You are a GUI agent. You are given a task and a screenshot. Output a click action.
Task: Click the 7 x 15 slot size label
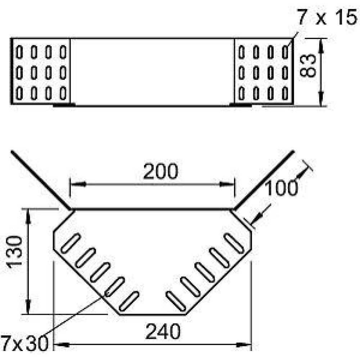point(328,17)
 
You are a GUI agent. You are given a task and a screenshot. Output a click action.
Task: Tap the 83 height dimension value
point(308,65)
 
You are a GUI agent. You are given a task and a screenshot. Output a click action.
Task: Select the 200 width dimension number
point(161,171)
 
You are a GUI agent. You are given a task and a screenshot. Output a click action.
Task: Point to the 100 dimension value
point(281,188)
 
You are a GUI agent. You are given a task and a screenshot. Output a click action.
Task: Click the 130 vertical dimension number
point(14,252)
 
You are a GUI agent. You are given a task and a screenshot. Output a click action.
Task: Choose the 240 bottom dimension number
point(163,331)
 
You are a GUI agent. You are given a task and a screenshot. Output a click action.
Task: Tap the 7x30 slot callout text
point(24,343)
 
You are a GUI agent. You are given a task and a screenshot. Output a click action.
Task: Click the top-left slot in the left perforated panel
point(19,52)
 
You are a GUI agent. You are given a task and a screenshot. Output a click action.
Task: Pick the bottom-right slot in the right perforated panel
point(285,93)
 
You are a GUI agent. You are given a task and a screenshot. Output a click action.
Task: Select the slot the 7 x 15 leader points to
point(285,52)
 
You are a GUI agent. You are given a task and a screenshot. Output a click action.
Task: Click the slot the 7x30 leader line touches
point(114,287)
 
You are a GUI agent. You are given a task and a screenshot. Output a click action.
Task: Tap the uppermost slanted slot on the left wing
point(71,243)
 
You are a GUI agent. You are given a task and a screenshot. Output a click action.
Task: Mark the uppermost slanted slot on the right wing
point(234,243)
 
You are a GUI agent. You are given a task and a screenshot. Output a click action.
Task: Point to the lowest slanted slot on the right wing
point(176,301)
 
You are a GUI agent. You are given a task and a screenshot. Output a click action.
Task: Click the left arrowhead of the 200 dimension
point(78,184)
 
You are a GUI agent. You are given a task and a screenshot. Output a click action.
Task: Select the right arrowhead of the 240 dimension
point(244,345)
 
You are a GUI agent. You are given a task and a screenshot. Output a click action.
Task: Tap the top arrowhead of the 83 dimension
point(321,46)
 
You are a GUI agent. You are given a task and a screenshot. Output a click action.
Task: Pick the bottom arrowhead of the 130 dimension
point(28,306)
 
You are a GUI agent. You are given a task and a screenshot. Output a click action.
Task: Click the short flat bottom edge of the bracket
point(153,314)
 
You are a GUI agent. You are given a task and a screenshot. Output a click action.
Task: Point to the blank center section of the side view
point(152,72)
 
